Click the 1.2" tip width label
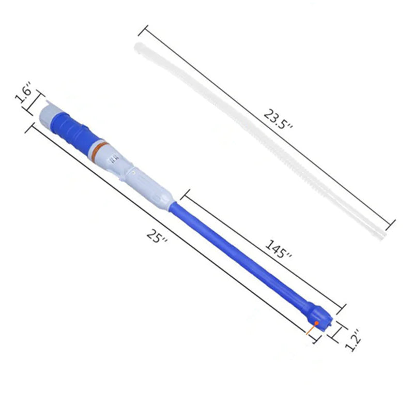pos(353,340)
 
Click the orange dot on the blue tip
pos(317,322)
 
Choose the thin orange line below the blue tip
pos(310,330)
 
